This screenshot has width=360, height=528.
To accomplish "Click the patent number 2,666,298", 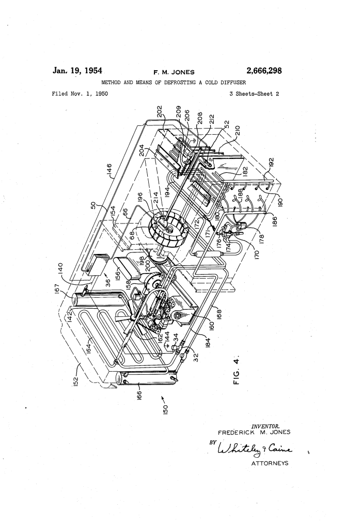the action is pos(264,71).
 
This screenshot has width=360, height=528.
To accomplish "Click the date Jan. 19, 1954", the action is pos(77,70).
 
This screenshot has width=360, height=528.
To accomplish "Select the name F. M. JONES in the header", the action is pos(174,72).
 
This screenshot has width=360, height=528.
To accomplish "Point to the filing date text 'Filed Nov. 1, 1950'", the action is pos(80,94).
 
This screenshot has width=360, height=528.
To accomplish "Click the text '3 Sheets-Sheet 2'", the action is pos(254,94).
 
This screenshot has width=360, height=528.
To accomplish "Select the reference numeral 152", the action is pos(75,381).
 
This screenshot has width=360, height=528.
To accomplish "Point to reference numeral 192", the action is pos(272,162).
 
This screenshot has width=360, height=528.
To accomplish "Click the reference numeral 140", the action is pos(60,269).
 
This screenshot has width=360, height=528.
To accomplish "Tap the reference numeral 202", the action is pos(160,111).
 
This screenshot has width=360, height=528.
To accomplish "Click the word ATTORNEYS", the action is pos(270,463).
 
